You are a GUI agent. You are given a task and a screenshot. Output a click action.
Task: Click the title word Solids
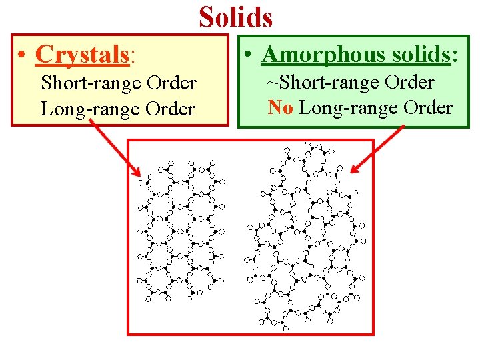[x=235, y=17]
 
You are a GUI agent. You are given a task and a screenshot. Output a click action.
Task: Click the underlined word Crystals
[x=82, y=55]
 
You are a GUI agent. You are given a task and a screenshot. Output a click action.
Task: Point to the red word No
[x=280, y=107]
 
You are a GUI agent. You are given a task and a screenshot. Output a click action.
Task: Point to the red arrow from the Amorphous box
[x=377, y=150]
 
